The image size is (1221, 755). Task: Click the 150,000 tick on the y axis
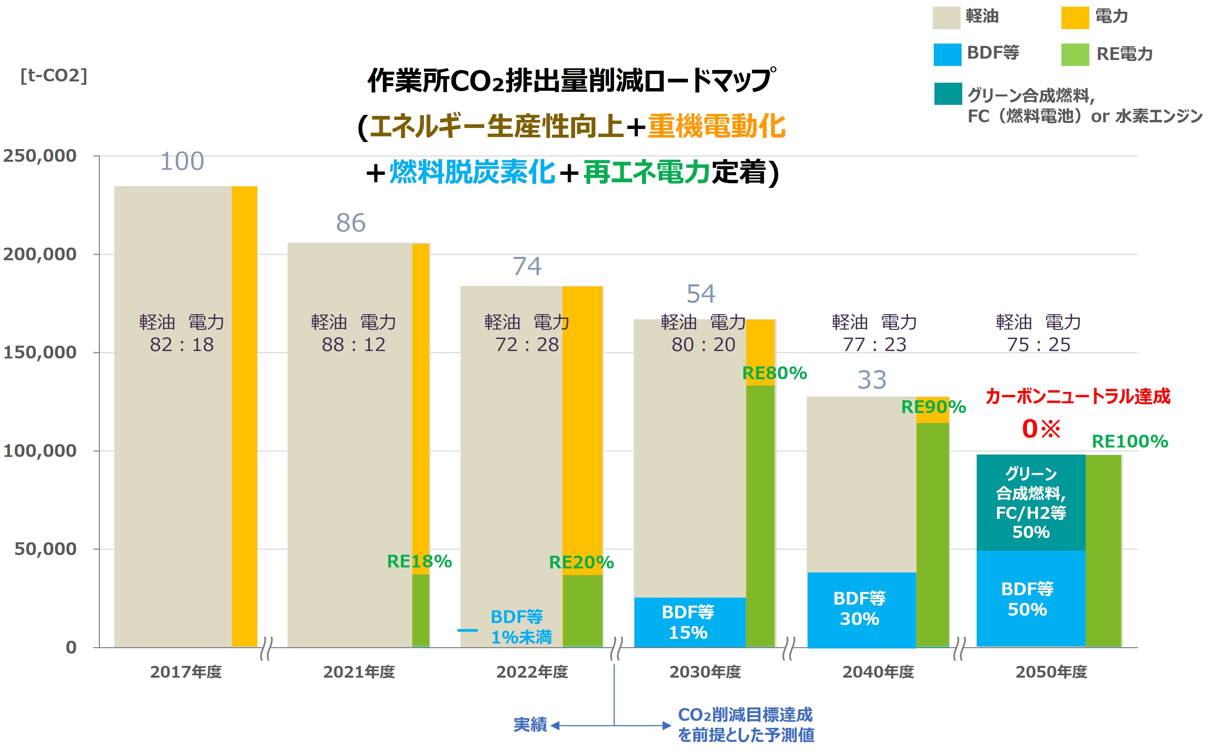(x=40, y=352)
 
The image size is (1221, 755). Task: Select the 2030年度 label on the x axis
(x=705, y=672)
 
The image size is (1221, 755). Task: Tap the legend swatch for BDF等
(x=947, y=54)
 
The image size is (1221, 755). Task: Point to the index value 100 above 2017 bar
(x=182, y=162)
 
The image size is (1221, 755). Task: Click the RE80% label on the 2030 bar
(x=774, y=373)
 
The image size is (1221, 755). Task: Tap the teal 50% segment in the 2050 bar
(x=1030, y=502)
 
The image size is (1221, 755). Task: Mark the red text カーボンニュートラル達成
(x=1078, y=397)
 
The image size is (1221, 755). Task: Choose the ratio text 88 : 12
(x=353, y=345)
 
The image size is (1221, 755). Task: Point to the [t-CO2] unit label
(x=53, y=75)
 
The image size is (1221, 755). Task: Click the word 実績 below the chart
(x=530, y=725)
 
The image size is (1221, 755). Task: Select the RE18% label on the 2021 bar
(x=419, y=561)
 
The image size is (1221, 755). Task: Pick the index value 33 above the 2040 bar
(x=872, y=380)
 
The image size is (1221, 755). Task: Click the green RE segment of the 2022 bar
(x=582, y=610)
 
